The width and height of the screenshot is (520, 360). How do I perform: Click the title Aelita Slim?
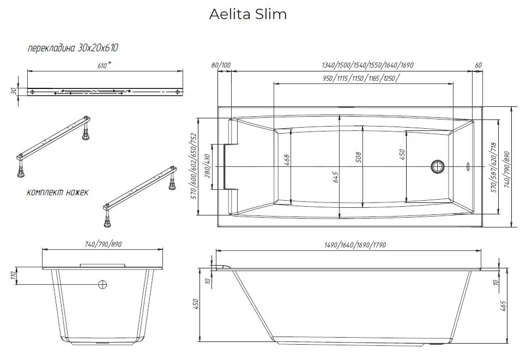tap(248, 15)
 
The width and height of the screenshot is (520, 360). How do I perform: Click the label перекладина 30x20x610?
tap(73, 49)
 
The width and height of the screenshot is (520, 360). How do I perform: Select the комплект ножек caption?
tap(57, 192)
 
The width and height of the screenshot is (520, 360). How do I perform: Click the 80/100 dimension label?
tap(221, 65)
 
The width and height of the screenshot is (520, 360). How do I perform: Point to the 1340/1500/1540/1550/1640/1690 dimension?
tap(368, 65)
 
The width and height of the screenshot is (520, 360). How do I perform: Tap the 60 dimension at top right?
tap(479, 65)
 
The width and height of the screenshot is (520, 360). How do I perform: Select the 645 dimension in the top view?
tap(335, 177)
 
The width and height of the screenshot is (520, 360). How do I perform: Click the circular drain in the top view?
tap(438, 166)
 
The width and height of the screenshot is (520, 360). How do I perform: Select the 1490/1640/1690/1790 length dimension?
tap(347, 245)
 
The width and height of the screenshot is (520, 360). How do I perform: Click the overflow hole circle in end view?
tap(102, 284)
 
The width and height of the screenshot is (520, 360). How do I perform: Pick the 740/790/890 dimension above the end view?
tap(103, 244)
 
